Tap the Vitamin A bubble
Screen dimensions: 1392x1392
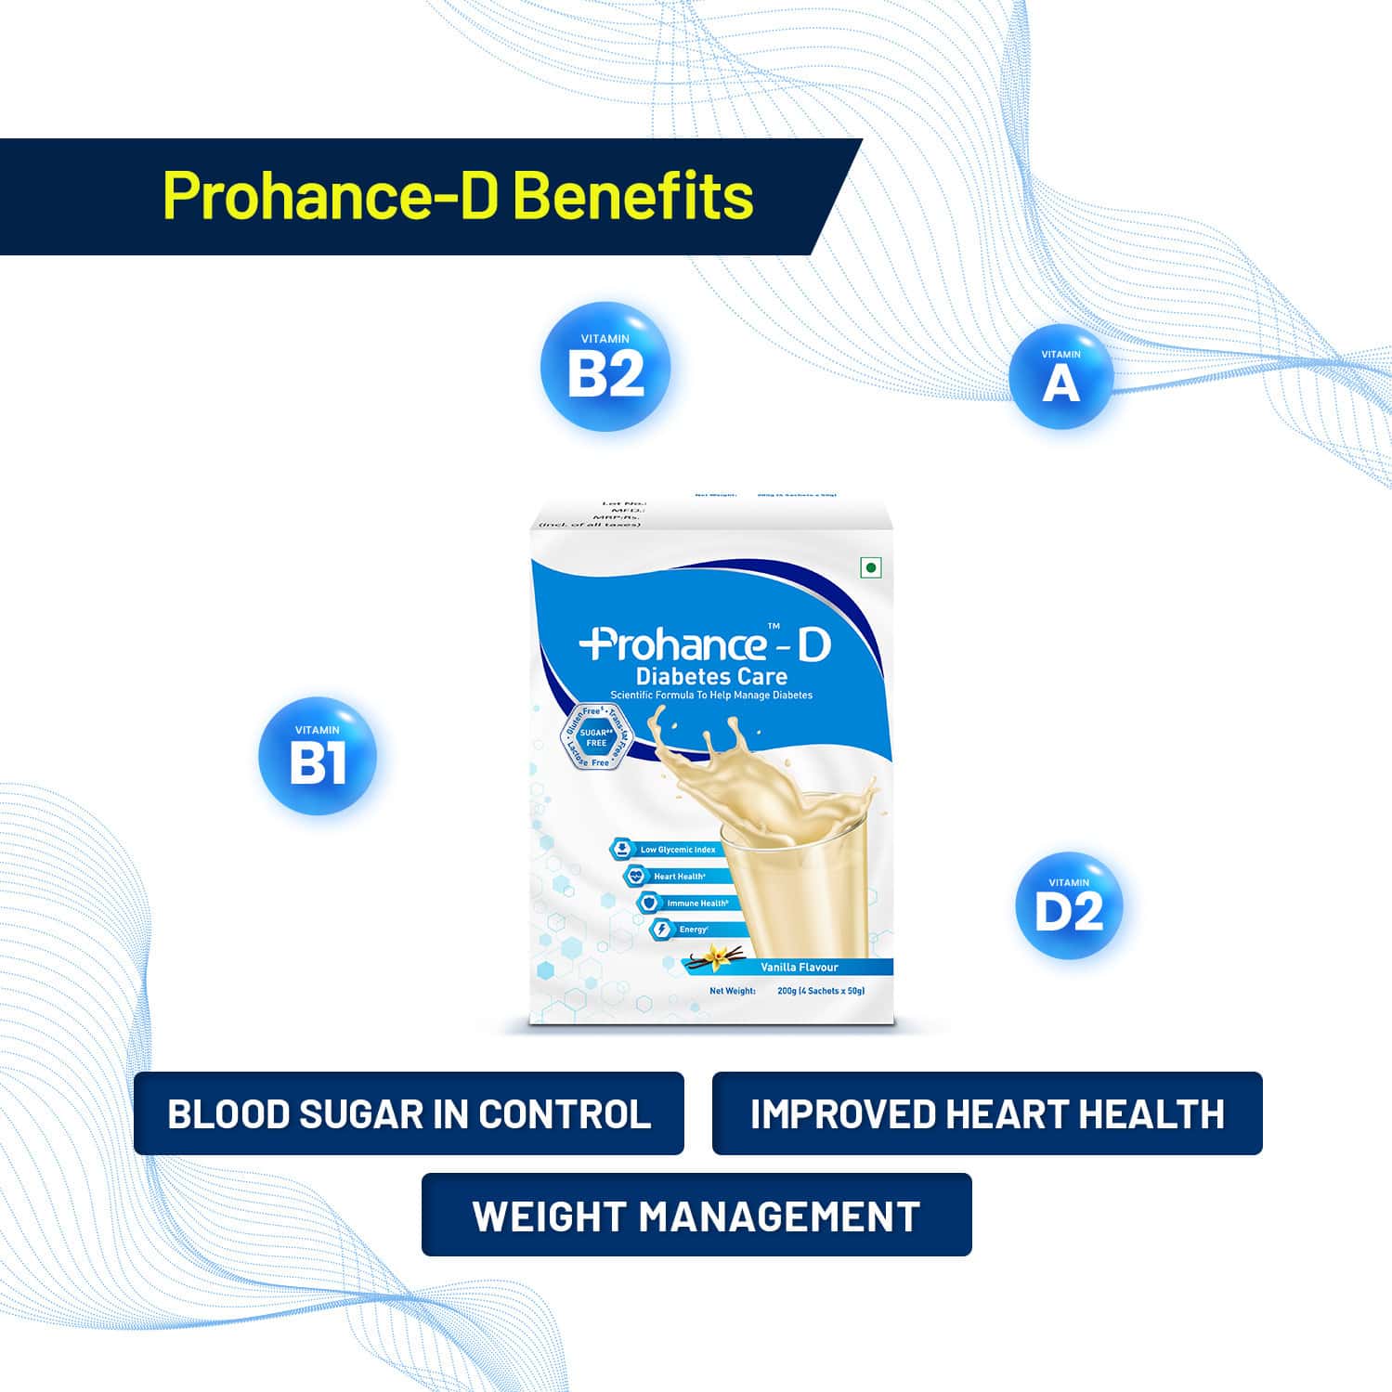coord(1060,377)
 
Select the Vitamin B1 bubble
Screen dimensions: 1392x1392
coord(318,756)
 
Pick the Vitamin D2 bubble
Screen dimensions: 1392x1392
coord(1069,905)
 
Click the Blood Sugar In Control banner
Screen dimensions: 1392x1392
coord(409,1113)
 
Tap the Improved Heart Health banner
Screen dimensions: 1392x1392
coord(987,1113)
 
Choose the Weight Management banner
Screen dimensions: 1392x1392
coord(696,1215)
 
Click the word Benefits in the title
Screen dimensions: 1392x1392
coord(632,196)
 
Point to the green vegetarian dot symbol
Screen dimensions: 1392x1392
coord(871,567)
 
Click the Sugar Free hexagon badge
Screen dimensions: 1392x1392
coord(595,737)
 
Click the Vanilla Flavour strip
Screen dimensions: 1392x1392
coord(799,967)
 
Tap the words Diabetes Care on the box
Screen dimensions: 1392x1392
coord(711,676)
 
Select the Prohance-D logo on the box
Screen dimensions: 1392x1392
coord(706,645)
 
